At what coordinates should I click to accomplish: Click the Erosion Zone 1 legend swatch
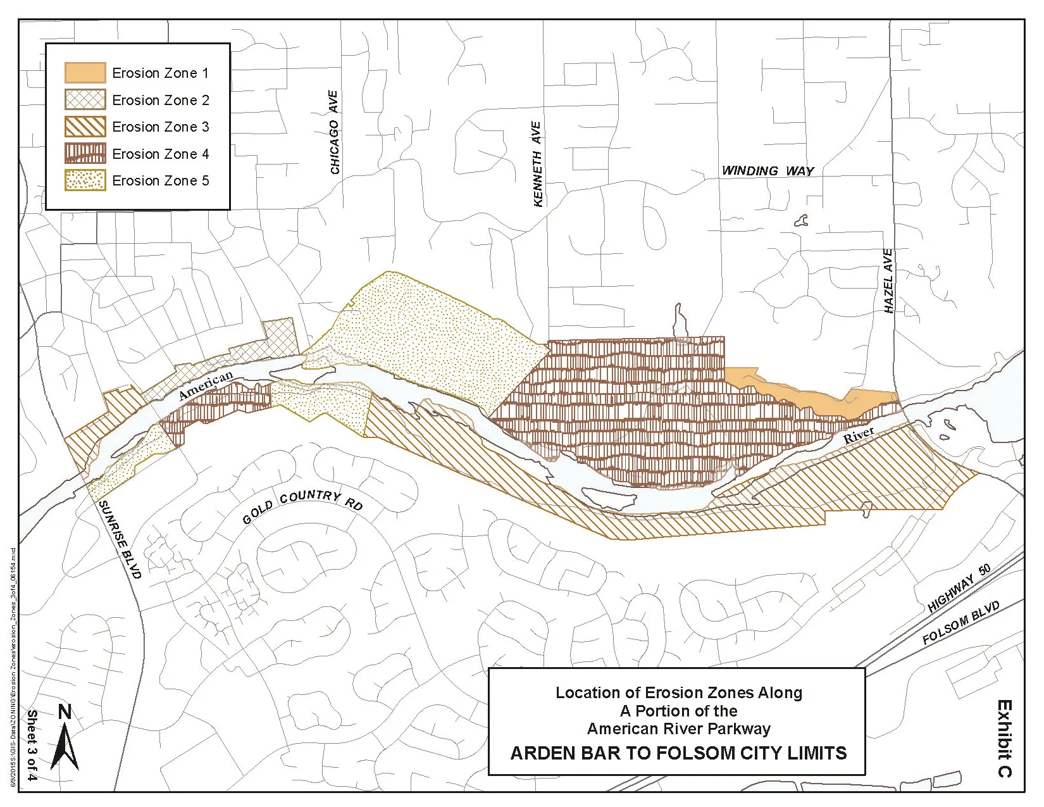(x=85, y=73)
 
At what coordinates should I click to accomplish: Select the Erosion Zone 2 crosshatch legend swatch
(x=85, y=100)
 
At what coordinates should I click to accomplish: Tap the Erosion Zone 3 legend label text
(x=160, y=127)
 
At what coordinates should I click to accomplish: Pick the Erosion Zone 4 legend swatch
(x=85, y=154)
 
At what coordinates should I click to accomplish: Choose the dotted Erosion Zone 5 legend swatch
(x=85, y=180)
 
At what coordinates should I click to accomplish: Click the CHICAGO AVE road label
(x=334, y=132)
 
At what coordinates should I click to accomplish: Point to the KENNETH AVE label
(x=537, y=163)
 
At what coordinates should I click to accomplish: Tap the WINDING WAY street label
(x=767, y=171)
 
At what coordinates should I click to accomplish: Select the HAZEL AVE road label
(x=888, y=280)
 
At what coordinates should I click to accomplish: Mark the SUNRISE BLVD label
(x=120, y=539)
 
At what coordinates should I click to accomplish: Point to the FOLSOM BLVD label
(x=960, y=623)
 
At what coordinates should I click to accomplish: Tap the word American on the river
(x=206, y=385)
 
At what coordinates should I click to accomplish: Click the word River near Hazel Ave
(x=859, y=435)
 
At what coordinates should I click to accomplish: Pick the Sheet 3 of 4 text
(x=32, y=745)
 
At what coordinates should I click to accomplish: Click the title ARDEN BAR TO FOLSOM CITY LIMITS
(x=678, y=753)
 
